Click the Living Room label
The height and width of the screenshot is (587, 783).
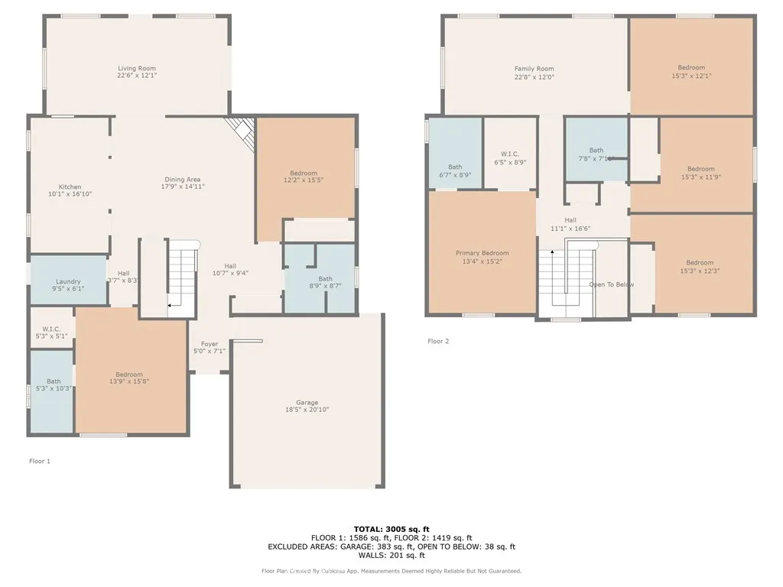click(136, 68)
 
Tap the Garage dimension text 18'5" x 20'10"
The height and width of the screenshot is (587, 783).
click(307, 410)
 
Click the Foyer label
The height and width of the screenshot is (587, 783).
click(209, 344)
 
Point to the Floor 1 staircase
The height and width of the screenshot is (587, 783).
click(182, 278)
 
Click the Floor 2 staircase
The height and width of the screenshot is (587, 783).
click(566, 279)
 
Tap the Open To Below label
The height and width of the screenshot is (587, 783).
click(611, 284)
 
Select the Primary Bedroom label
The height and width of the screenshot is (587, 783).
click(482, 253)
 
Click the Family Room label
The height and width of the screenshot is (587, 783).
click(534, 69)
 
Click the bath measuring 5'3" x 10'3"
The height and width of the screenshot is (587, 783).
click(53, 384)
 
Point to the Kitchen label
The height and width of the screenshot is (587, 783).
click(70, 186)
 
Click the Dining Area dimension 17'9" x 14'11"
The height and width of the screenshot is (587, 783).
click(183, 186)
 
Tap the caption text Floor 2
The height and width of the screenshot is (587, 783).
click(438, 341)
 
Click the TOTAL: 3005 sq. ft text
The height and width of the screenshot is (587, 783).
click(391, 529)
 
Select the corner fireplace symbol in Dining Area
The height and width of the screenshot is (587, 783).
click(242, 131)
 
